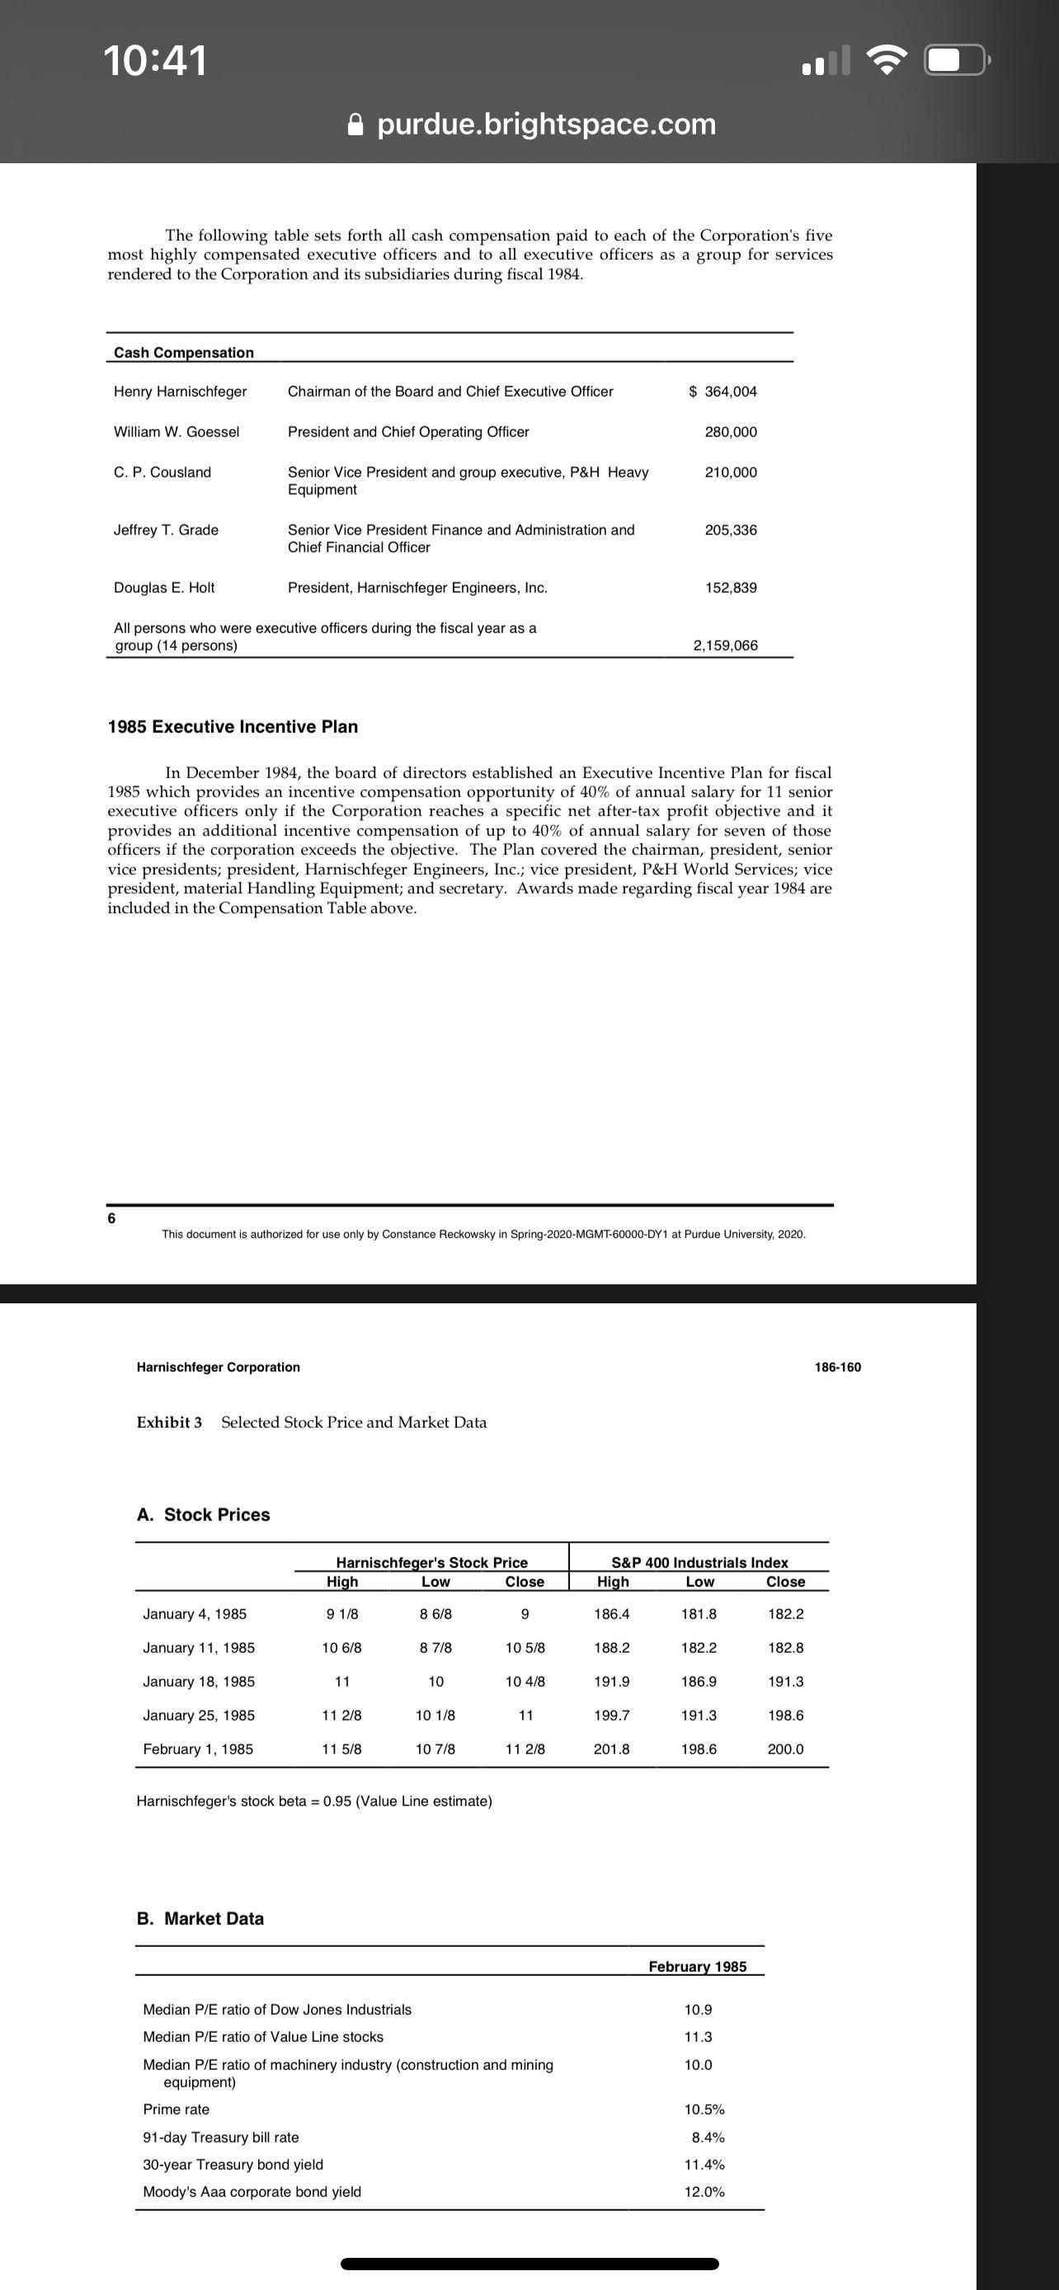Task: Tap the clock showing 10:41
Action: tap(155, 61)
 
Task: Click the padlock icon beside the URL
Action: tap(355, 124)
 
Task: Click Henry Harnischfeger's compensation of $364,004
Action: tap(722, 392)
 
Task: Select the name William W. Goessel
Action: tap(176, 432)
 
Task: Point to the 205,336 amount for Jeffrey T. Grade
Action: tap(730, 530)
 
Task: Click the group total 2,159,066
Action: tap(725, 645)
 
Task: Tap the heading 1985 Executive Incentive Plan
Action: tap(233, 726)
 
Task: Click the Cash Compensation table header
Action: tap(184, 353)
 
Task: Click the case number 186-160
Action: tap(838, 1368)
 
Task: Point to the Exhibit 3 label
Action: tap(169, 1422)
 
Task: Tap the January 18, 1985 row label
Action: tap(198, 1682)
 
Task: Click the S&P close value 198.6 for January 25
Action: tap(785, 1715)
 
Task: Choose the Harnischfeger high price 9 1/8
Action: tap(342, 1614)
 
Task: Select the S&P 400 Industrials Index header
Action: tap(699, 1563)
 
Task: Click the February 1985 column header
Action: tap(697, 1966)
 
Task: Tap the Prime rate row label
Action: tap(176, 2109)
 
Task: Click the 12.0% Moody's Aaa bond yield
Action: tap(704, 2192)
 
